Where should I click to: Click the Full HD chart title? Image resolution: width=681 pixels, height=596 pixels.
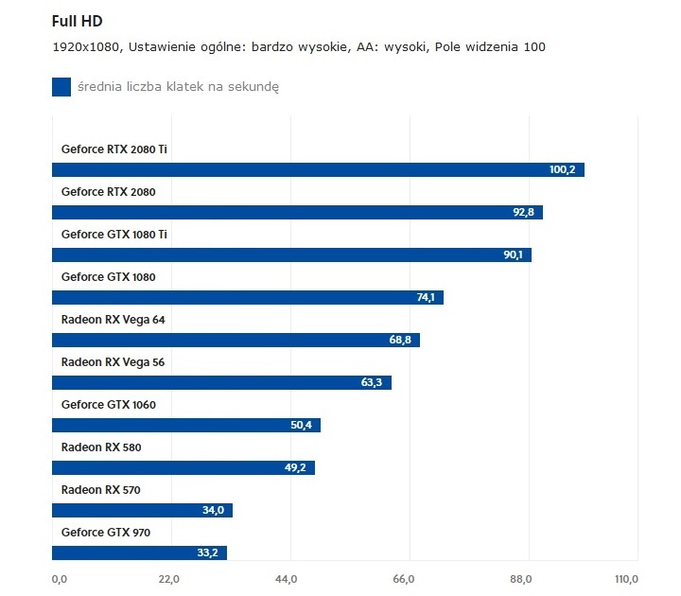79,20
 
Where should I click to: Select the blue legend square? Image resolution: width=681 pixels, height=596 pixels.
61,87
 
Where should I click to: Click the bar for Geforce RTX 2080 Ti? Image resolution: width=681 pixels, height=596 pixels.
318,170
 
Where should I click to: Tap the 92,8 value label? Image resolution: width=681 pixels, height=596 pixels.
523,213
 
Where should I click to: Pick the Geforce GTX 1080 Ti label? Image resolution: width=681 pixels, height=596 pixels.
114,234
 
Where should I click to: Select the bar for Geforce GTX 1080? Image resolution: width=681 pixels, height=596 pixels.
248,298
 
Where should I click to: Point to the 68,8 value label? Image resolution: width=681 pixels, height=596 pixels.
400,341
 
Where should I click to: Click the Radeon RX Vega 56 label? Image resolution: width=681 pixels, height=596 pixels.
113,361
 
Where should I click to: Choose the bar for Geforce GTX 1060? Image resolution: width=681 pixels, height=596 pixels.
186,426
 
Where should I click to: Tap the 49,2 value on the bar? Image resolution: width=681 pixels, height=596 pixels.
295,468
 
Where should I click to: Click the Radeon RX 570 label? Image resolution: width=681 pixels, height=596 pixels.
101,489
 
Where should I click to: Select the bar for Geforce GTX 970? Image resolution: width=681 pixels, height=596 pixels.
140,553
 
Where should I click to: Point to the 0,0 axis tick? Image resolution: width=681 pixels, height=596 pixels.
59,579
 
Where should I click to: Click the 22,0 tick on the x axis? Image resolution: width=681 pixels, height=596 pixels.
168,579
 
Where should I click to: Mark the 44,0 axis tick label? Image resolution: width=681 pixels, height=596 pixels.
287,579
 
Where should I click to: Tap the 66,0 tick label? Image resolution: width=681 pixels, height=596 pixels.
404,579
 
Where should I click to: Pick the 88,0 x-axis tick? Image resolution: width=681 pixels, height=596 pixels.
521,579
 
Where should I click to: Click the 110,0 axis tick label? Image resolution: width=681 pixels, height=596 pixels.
626,579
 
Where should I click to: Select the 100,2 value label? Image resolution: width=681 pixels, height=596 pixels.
562,170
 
